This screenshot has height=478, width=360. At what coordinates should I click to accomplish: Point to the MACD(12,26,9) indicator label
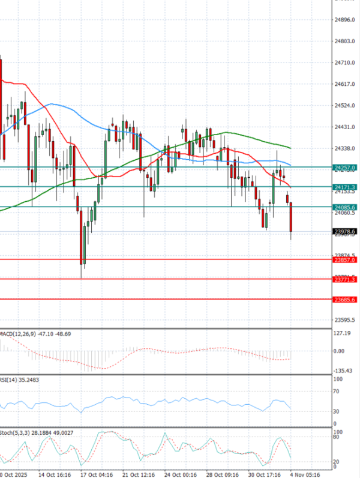(18, 333)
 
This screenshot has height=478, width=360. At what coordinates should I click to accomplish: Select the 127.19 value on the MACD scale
(343, 333)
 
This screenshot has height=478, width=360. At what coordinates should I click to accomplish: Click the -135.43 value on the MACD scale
(343, 371)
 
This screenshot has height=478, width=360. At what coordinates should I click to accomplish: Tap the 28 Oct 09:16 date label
(223, 473)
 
